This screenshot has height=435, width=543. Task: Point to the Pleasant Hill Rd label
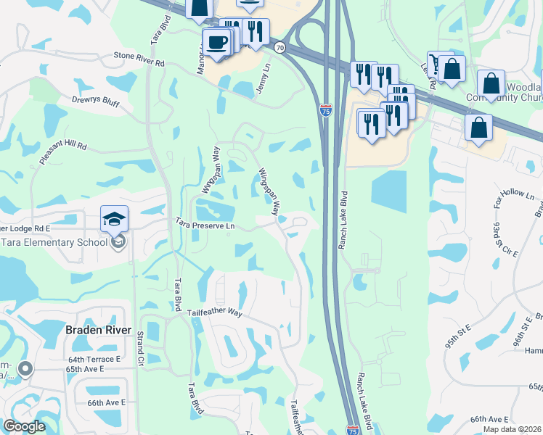point(63,146)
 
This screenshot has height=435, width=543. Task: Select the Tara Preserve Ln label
point(204,225)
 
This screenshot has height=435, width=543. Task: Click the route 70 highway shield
point(279,47)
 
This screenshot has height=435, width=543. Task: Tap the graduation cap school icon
point(115,219)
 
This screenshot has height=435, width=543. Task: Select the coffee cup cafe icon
point(216,41)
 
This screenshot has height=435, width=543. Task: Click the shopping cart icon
point(437,64)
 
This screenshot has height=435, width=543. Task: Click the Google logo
point(25,427)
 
